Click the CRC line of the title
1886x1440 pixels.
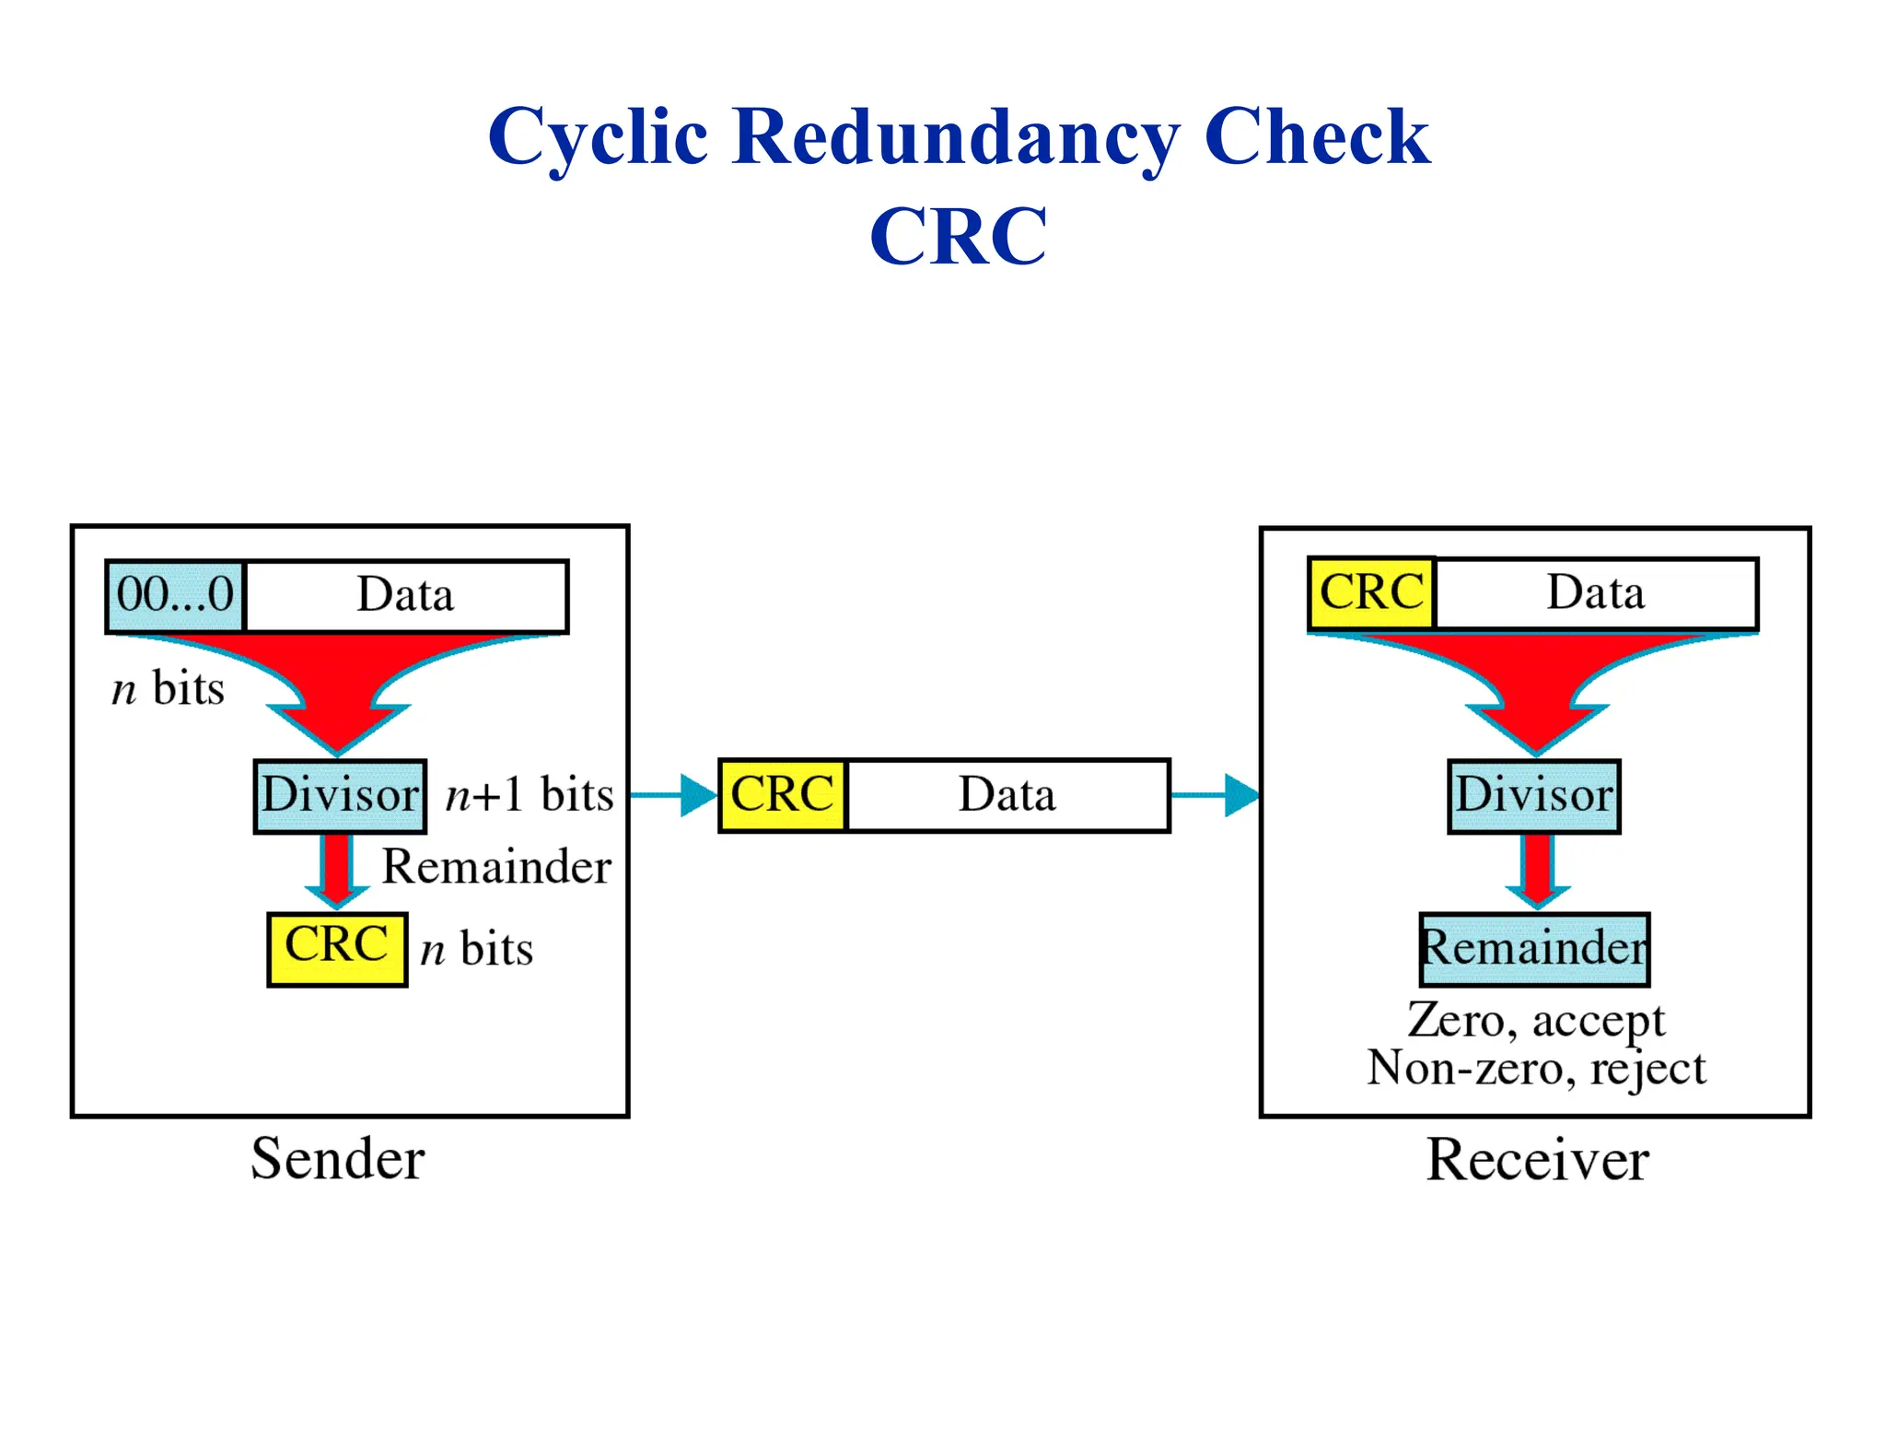(x=958, y=236)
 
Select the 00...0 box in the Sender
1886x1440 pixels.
(x=175, y=595)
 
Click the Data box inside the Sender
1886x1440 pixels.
(x=406, y=595)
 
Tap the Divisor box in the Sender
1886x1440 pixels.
(x=340, y=795)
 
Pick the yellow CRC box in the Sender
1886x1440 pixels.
(x=337, y=948)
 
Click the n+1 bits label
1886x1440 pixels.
(x=529, y=794)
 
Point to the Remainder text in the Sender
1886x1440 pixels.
(x=496, y=867)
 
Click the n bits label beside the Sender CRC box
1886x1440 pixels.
(x=476, y=949)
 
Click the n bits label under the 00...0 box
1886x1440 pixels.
(x=168, y=688)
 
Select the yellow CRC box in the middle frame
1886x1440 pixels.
(x=782, y=795)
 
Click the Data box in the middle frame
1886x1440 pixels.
(x=1007, y=795)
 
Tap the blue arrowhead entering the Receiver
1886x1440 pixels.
(x=1242, y=795)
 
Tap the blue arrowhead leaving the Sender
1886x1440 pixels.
(x=698, y=795)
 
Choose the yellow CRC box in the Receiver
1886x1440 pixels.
(x=1371, y=592)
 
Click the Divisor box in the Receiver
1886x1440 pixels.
(x=1533, y=795)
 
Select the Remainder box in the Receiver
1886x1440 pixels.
(x=1534, y=948)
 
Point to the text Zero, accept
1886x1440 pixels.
(x=1535, y=1021)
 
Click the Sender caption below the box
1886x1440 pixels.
(x=338, y=1159)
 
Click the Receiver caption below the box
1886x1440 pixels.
(x=1537, y=1160)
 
